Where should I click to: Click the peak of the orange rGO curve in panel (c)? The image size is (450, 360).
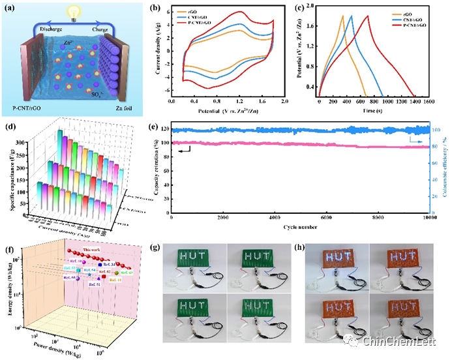pyautogui.click(x=342, y=16)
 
